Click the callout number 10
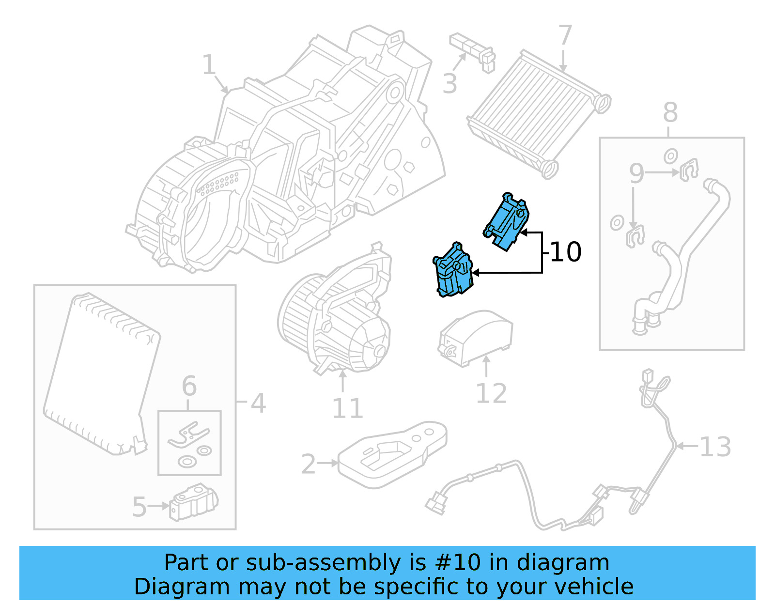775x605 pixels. pyautogui.click(x=565, y=252)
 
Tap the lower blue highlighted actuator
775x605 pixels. pyautogui.click(x=452, y=271)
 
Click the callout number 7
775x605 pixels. pyautogui.click(x=565, y=35)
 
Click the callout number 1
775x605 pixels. pyautogui.click(x=209, y=65)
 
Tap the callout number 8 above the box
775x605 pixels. pyautogui.click(x=670, y=113)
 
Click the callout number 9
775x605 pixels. pyautogui.click(x=636, y=173)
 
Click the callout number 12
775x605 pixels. pyautogui.click(x=491, y=393)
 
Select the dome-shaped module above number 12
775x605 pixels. pyautogui.click(x=475, y=337)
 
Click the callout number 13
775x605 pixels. pyautogui.click(x=715, y=447)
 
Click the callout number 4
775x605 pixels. pyautogui.click(x=258, y=403)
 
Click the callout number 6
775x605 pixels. pyautogui.click(x=189, y=387)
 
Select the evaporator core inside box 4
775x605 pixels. pyautogui.click(x=102, y=373)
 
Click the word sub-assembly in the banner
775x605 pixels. pyautogui.click(x=323, y=562)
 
